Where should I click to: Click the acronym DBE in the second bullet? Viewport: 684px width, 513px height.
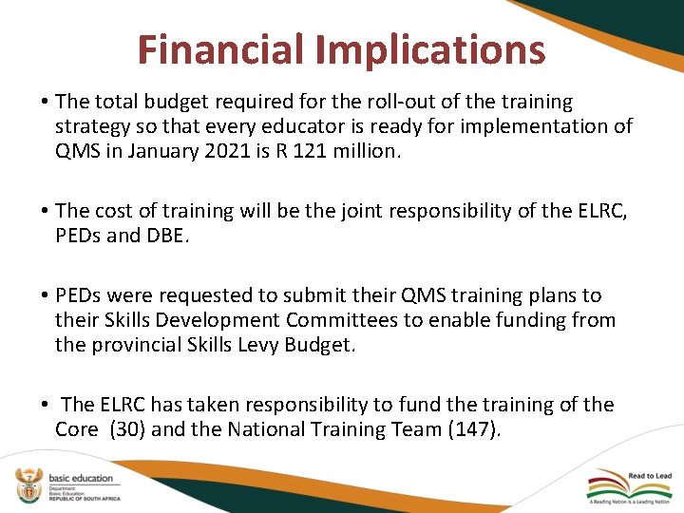click(169, 236)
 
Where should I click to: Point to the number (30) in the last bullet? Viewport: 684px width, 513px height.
click(128, 429)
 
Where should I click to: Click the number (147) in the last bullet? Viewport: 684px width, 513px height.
click(471, 429)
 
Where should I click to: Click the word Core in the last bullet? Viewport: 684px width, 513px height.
click(77, 429)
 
